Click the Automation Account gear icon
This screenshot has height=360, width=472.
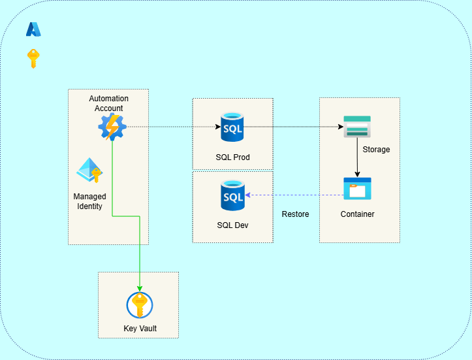tap(112, 127)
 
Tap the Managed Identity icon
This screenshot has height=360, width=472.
tap(89, 171)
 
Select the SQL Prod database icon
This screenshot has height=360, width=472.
tap(232, 127)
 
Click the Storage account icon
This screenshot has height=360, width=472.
tap(357, 127)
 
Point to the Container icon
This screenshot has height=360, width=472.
tap(357, 189)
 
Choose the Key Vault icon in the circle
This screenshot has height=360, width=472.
tap(139, 305)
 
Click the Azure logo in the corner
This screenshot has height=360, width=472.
tap(33, 29)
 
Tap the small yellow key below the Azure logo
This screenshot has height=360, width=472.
tap(33, 58)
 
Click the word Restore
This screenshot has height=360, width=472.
tap(295, 214)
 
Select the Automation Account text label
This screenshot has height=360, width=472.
tap(109, 103)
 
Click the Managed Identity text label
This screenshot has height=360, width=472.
tap(89, 201)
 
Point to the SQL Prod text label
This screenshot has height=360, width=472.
tap(232, 157)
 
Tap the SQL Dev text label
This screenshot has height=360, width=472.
tap(232, 225)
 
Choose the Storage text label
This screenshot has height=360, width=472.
tap(376, 150)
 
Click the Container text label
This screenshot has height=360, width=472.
tap(357, 214)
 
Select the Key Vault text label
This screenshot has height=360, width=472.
tap(140, 329)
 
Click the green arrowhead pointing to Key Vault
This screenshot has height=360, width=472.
tap(139, 288)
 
